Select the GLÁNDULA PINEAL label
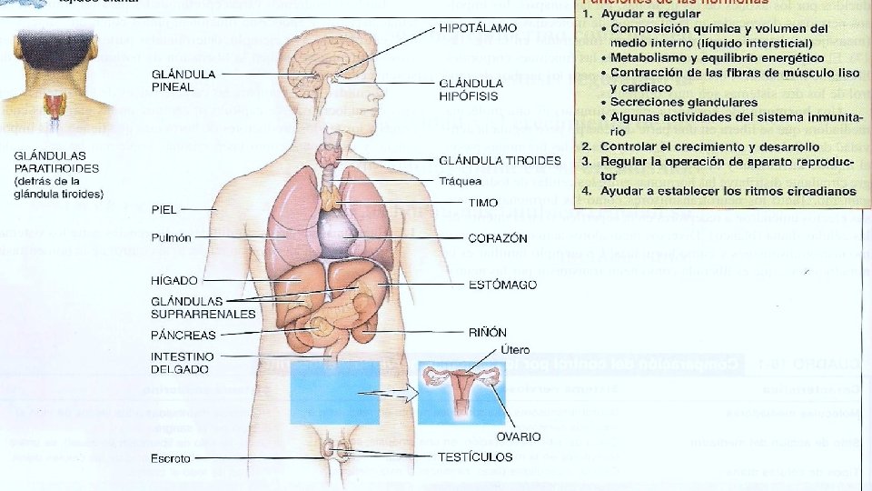point(183,79)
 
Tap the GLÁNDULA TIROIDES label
point(500,161)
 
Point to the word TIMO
point(482,202)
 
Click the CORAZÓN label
point(498,238)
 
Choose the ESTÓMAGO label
point(502,285)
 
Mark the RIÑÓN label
point(488,333)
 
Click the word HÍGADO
point(173,280)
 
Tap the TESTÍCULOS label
point(476,456)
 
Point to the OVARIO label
point(519,436)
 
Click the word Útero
point(513,350)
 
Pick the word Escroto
point(171,458)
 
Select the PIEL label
point(163,210)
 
